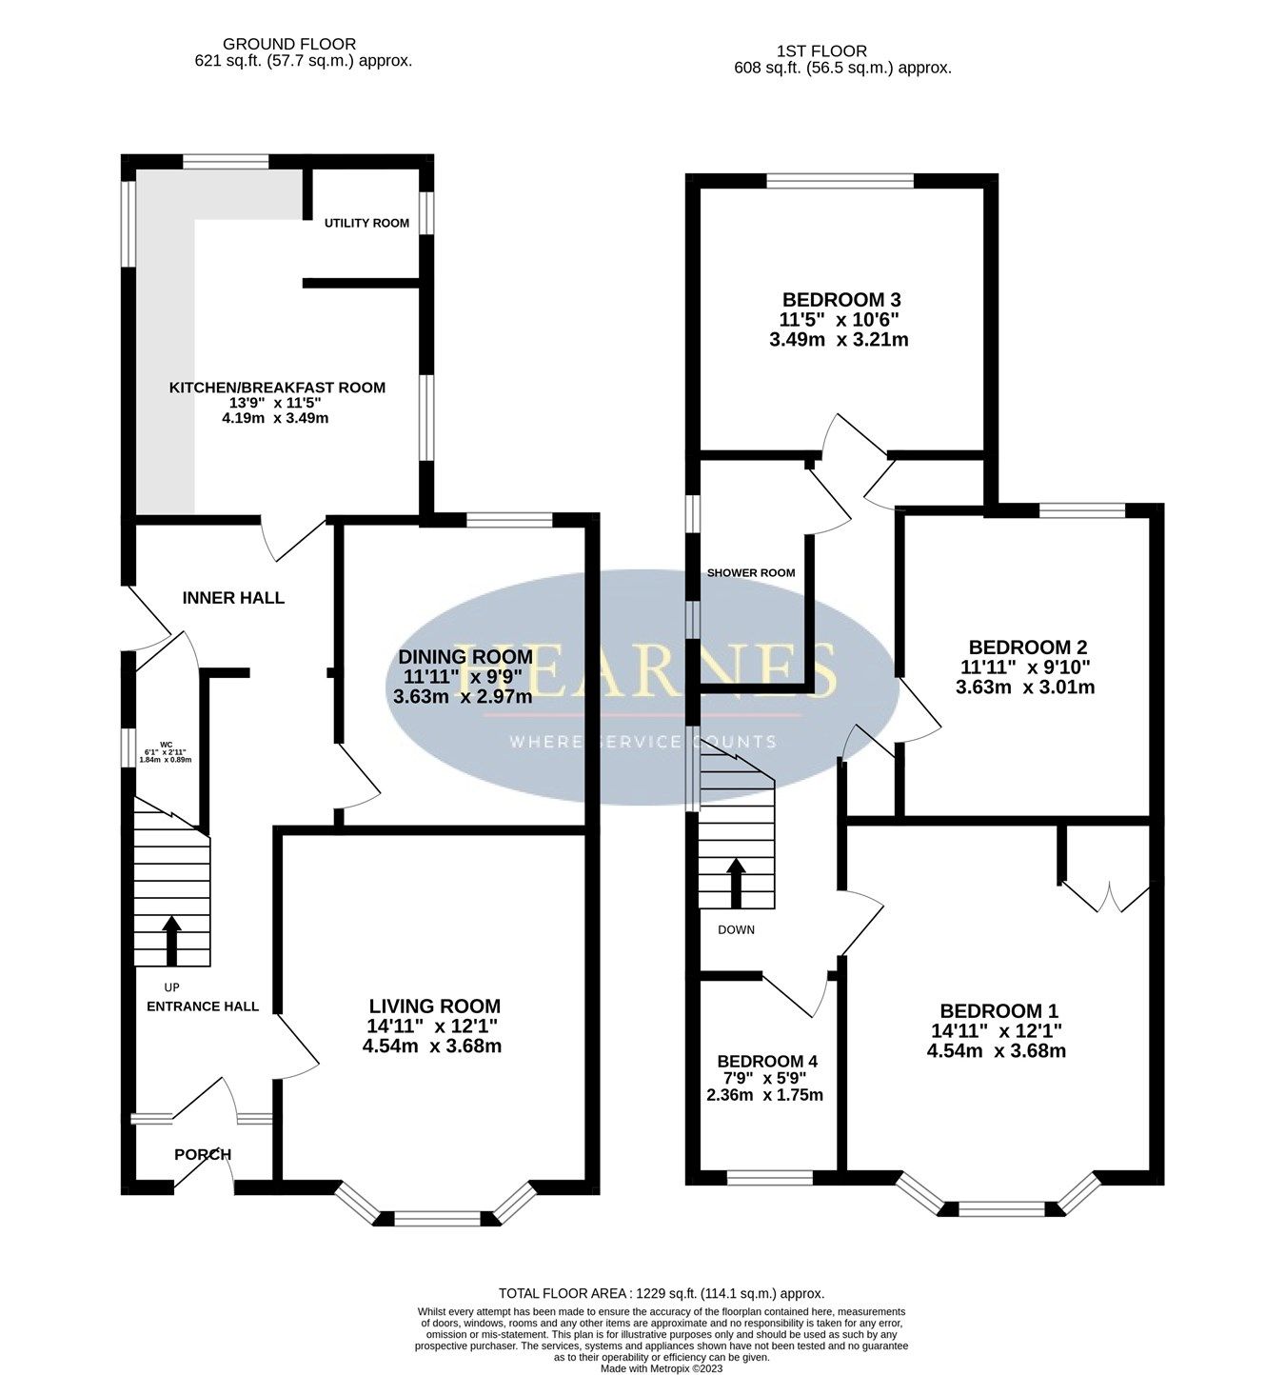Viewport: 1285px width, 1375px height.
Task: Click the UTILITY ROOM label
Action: (366, 223)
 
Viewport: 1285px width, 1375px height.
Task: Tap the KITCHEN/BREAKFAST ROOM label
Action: (277, 388)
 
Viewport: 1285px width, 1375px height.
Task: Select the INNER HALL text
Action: (233, 598)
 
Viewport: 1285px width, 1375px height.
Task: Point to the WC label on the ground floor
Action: (166, 745)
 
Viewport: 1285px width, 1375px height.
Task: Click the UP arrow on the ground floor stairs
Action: (171, 941)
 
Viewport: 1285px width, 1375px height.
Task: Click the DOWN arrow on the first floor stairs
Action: (736, 882)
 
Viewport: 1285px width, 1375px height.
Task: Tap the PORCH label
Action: (203, 1154)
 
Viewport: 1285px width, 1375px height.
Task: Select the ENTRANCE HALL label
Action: (203, 1006)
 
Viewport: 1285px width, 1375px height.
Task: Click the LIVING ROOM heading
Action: (434, 1006)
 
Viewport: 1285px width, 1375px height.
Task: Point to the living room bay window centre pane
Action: (439, 1218)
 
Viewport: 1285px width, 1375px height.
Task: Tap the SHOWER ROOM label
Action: (750, 573)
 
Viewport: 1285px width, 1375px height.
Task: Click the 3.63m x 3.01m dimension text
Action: (1025, 687)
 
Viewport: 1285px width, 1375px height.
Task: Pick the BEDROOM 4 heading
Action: (767, 1062)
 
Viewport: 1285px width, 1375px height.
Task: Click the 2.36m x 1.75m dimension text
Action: (764, 1095)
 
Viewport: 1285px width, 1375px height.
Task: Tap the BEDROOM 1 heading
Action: (998, 1011)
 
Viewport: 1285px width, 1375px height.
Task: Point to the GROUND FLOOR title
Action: (288, 44)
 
